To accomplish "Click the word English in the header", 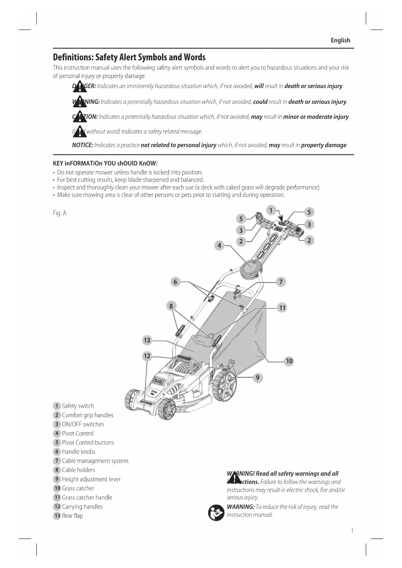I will (x=340, y=40).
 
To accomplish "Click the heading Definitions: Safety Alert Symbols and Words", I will (x=129, y=57).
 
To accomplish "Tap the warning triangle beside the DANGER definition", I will (x=80, y=86).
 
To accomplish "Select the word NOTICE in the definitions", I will (x=82, y=145).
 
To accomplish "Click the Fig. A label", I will (x=59, y=213).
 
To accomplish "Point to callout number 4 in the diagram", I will (x=219, y=245).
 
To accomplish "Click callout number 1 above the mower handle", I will (x=271, y=210).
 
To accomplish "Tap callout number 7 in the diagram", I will (x=281, y=282).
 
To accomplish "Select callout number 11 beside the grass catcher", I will (x=282, y=308).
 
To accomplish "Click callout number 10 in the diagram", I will (x=289, y=361).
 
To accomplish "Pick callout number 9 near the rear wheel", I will (x=258, y=378).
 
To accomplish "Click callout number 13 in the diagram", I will (x=147, y=340).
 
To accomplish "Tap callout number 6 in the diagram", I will (x=175, y=282).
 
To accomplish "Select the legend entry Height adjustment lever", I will (x=91, y=479).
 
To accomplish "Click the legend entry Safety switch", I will (x=78, y=406).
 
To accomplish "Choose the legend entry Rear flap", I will (x=72, y=516).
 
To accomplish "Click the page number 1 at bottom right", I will (x=352, y=530).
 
